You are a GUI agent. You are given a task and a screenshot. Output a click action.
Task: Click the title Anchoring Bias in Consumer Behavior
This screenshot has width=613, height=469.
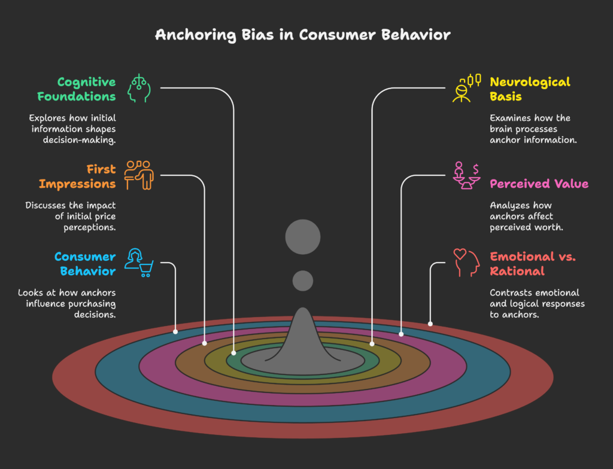tap(302, 34)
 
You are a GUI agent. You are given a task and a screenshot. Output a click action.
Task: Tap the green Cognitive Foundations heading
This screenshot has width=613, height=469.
tap(77, 89)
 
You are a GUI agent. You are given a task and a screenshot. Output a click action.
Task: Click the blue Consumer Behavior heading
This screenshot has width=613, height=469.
tap(84, 264)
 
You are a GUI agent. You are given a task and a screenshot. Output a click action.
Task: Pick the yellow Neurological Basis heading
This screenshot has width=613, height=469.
tap(530, 89)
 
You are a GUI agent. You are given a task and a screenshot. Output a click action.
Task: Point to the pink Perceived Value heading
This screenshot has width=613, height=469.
tap(539, 184)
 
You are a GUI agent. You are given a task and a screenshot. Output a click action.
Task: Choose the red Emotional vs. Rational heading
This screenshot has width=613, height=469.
tap(533, 264)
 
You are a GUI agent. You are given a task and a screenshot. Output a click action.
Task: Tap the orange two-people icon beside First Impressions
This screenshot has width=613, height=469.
tap(139, 175)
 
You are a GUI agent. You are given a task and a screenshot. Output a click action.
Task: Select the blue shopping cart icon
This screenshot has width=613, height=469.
tap(139, 263)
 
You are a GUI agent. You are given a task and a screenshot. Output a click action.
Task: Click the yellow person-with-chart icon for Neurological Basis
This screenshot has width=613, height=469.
tap(466, 88)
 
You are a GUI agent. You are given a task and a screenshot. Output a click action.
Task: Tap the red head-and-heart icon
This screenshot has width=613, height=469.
tap(466, 263)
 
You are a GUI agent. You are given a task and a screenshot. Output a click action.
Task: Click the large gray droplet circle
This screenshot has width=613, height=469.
tap(303, 237)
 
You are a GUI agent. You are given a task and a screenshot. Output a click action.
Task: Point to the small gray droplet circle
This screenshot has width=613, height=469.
tap(303, 281)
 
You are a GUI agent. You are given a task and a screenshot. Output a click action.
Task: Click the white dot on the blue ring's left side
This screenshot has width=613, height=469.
tap(175, 331)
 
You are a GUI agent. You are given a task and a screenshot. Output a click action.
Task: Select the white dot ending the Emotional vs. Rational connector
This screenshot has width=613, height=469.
tap(430, 324)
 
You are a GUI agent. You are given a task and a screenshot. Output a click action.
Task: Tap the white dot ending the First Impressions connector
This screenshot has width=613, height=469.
tap(205, 343)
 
